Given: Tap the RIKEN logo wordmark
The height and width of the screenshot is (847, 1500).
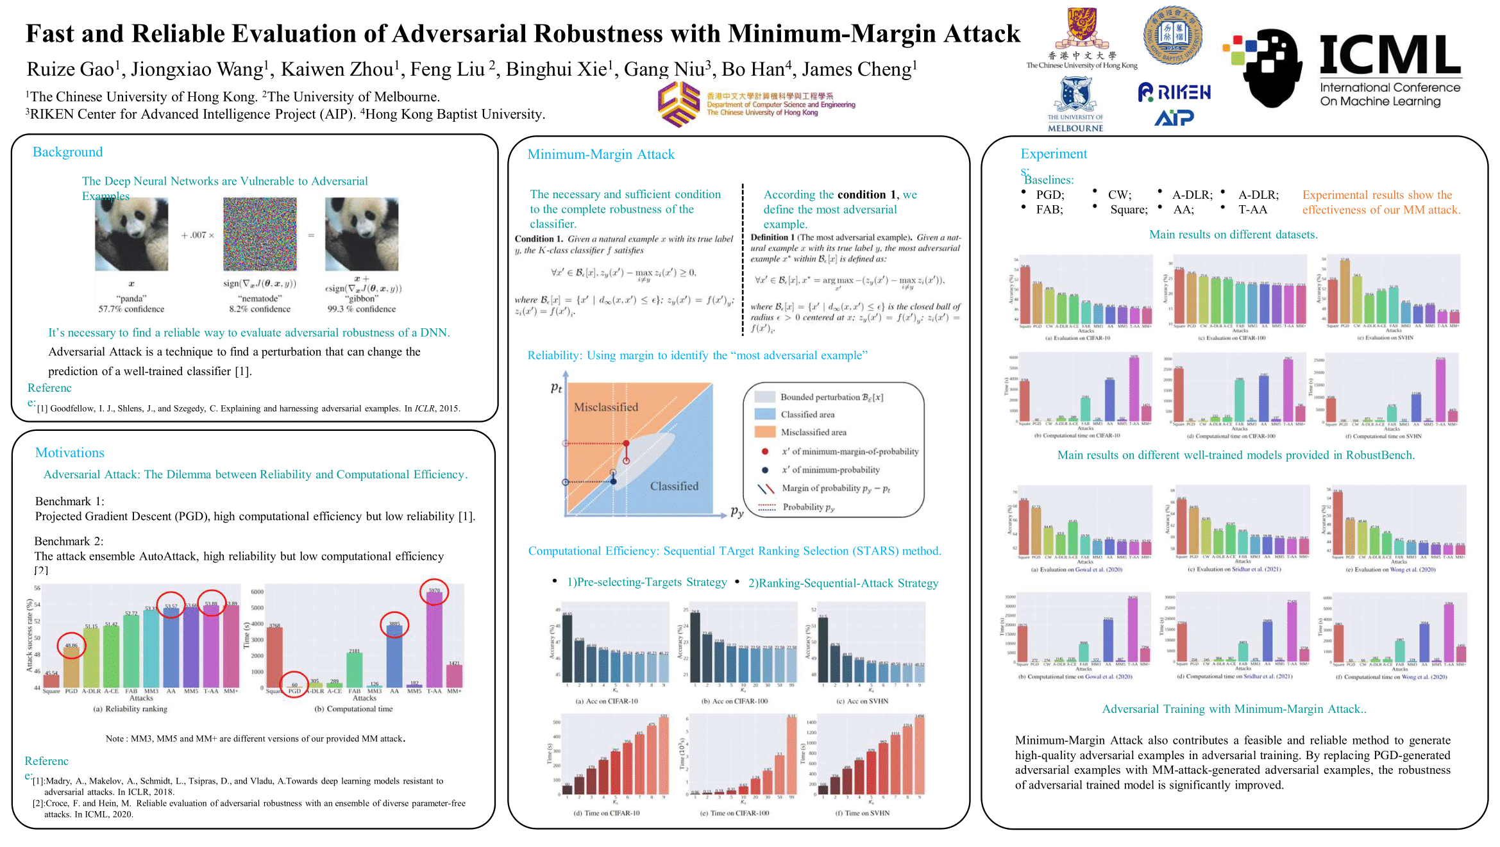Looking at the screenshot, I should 1176,92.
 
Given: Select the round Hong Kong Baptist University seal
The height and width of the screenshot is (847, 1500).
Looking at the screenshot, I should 1173,35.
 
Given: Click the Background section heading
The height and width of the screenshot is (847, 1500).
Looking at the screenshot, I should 67,152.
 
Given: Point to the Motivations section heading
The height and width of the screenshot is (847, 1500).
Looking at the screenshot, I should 69,453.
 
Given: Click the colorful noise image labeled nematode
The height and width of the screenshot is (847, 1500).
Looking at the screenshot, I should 260,234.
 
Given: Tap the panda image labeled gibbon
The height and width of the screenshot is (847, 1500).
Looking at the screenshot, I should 362,234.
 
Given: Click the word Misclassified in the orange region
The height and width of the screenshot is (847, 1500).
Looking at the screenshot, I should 605,407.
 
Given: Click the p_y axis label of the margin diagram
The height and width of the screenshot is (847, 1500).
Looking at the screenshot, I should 737,512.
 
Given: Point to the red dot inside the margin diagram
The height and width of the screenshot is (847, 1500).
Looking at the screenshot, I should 626,443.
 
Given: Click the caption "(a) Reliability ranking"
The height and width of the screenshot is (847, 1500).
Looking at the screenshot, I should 130,709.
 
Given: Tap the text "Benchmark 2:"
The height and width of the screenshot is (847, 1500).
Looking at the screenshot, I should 69,541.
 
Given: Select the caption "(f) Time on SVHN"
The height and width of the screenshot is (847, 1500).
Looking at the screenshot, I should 862,813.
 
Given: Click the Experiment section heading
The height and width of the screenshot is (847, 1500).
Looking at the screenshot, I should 1054,154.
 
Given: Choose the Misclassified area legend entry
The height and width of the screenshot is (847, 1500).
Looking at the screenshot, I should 813,433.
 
